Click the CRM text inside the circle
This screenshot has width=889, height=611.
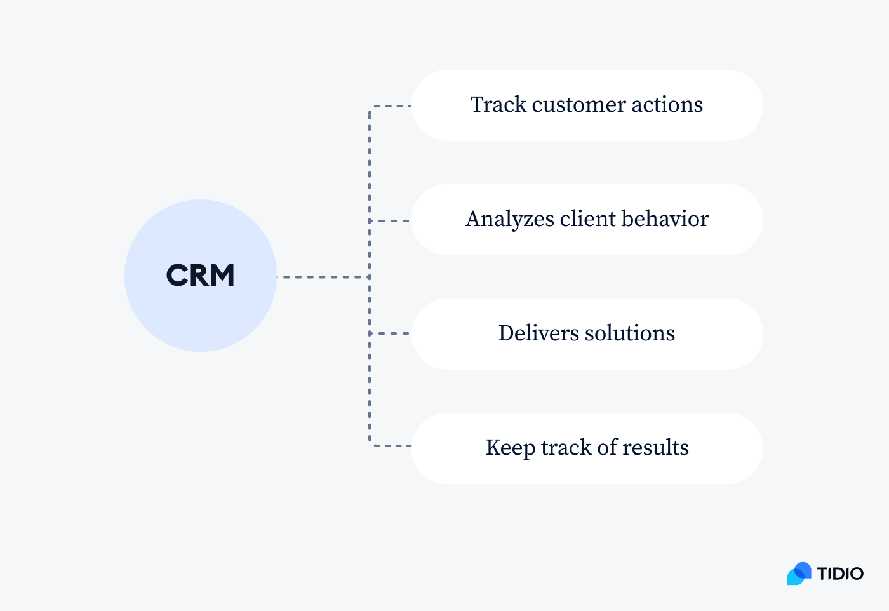(200, 276)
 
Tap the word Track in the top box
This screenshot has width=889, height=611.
(498, 105)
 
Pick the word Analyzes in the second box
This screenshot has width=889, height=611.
(509, 220)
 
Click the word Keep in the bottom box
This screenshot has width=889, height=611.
(510, 448)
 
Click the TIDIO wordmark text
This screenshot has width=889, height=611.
(840, 574)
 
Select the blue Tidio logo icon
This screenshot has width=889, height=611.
(799, 574)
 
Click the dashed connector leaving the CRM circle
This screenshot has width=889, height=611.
(323, 277)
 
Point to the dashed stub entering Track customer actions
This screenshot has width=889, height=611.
(391, 106)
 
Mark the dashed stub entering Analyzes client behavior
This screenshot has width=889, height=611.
(391, 221)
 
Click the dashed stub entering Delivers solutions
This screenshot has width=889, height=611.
(391, 333)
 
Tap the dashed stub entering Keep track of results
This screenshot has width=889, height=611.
(391, 446)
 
